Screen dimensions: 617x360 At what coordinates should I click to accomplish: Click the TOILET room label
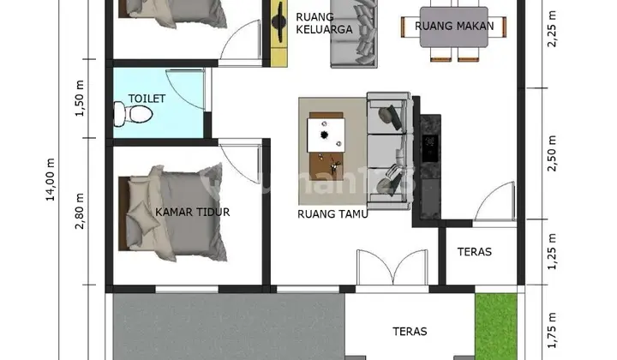147,99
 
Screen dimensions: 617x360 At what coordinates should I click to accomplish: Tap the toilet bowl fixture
134,114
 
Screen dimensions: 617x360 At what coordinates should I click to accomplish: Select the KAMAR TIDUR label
193,212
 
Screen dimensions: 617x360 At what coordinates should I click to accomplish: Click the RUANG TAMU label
332,214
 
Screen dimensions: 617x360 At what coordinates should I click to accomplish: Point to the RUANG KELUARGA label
324,23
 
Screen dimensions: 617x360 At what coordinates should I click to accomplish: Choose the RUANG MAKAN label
454,26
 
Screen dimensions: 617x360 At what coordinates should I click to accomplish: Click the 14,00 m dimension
51,179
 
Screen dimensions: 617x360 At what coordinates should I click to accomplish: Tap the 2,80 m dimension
80,211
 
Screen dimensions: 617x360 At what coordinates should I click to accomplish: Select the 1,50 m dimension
80,99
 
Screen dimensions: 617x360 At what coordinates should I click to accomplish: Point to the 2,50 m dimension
552,153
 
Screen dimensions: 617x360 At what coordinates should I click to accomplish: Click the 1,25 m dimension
552,252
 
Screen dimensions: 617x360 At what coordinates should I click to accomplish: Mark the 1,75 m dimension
552,331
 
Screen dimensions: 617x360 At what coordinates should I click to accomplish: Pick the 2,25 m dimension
552,29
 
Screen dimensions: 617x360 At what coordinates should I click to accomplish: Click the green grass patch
496,327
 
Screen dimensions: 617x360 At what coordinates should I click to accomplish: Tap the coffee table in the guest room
326,147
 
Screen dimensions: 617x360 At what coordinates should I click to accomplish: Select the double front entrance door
392,267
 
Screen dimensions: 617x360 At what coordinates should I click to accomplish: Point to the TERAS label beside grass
410,332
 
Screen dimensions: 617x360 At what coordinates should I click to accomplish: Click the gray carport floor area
229,327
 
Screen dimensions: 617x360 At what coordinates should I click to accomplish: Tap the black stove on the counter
430,148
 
